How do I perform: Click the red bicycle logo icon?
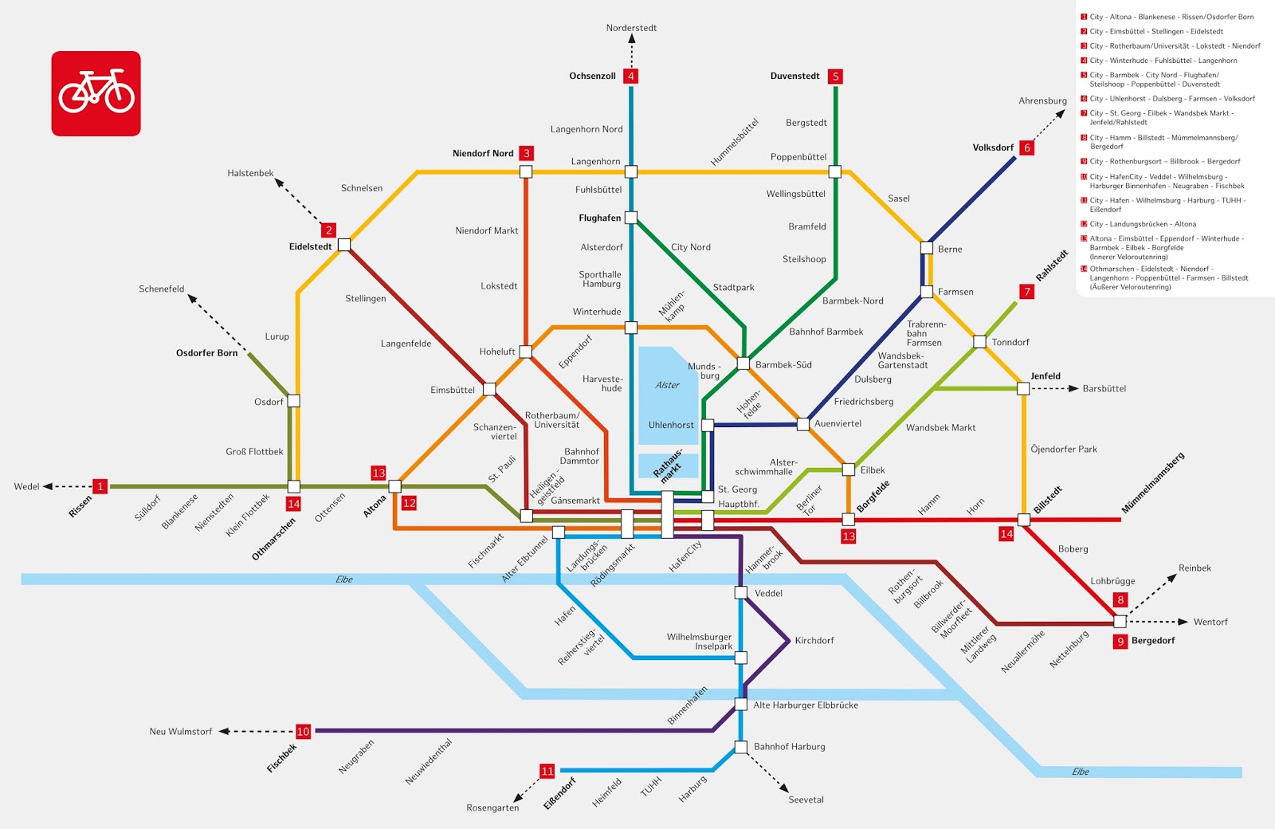click(96, 93)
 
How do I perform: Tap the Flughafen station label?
click(599, 218)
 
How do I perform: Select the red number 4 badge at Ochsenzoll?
click(631, 77)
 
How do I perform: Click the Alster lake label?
click(667, 385)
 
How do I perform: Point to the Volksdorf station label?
click(993, 147)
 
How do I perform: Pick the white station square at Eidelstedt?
click(344, 245)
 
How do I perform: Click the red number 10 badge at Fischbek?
click(303, 731)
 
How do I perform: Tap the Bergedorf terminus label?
click(1152, 641)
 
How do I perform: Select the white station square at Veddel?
click(740, 592)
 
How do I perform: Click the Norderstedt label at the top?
click(631, 28)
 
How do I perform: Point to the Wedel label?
click(26, 486)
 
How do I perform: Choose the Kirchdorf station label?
click(814, 641)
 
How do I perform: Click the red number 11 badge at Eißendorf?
click(547, 771)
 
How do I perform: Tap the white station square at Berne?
click(926, 248)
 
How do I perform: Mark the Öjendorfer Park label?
click(1063, 450)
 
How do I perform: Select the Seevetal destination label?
click(806, 800)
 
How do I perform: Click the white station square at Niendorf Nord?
click(526, 171)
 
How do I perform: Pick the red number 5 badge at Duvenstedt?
click(835, 77)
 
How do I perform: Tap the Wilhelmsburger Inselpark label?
click(700, 642)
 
